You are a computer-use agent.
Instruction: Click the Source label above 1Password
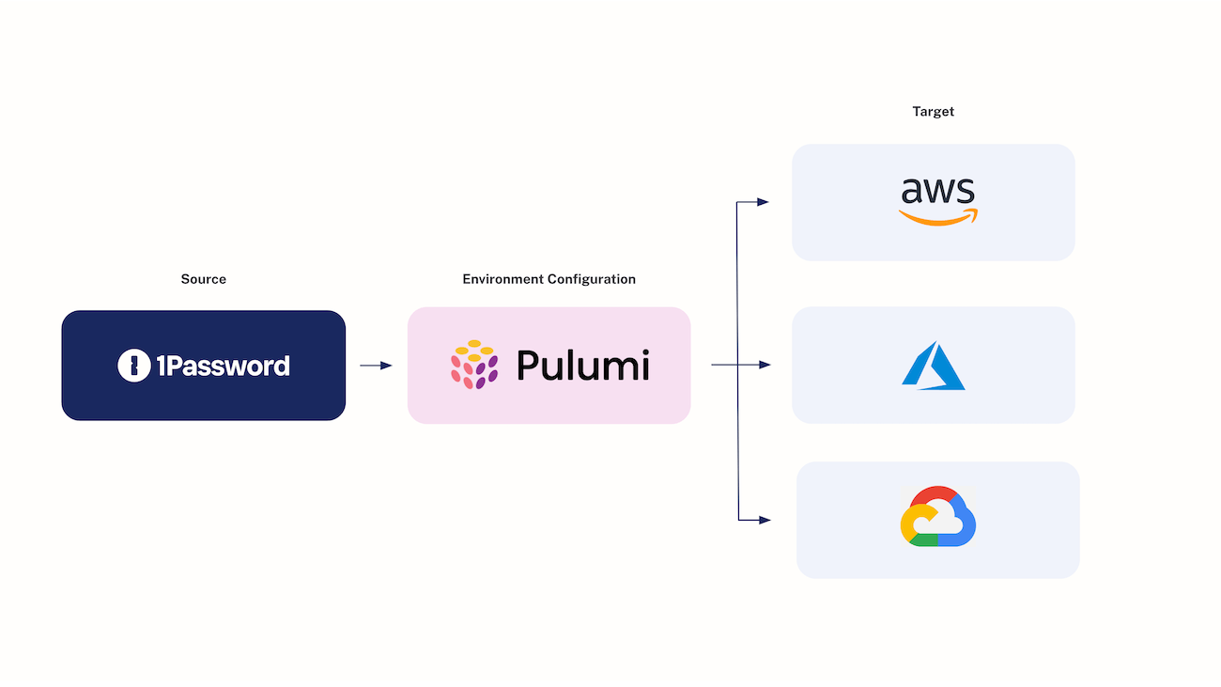click(x=203, y=279)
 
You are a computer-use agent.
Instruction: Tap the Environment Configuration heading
click(x=549, y=279)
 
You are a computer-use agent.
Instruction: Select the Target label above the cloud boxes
click(x=933, y=111)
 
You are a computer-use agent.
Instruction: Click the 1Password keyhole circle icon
click(x=134, y=366)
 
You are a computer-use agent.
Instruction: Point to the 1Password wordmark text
click(x=223, y=366)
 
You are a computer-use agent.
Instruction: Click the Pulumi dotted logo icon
click(x=474, y=366)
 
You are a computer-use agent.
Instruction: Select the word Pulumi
click(x=582, y=366)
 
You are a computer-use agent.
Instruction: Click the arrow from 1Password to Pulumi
click(x=376, y=366)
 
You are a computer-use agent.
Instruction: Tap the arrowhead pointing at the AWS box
click(x=763, y=202)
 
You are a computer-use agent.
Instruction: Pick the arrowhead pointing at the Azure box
click(x=765, y=365)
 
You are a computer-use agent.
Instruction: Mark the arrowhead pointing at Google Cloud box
click(x=765, y=520)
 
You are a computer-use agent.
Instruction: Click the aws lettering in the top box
click(x=937, y=191)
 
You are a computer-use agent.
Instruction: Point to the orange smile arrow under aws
click(x=937, y=218)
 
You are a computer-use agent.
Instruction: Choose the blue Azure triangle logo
click(x=933, y=366)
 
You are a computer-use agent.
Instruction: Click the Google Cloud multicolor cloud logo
click(x=937, y=517)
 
